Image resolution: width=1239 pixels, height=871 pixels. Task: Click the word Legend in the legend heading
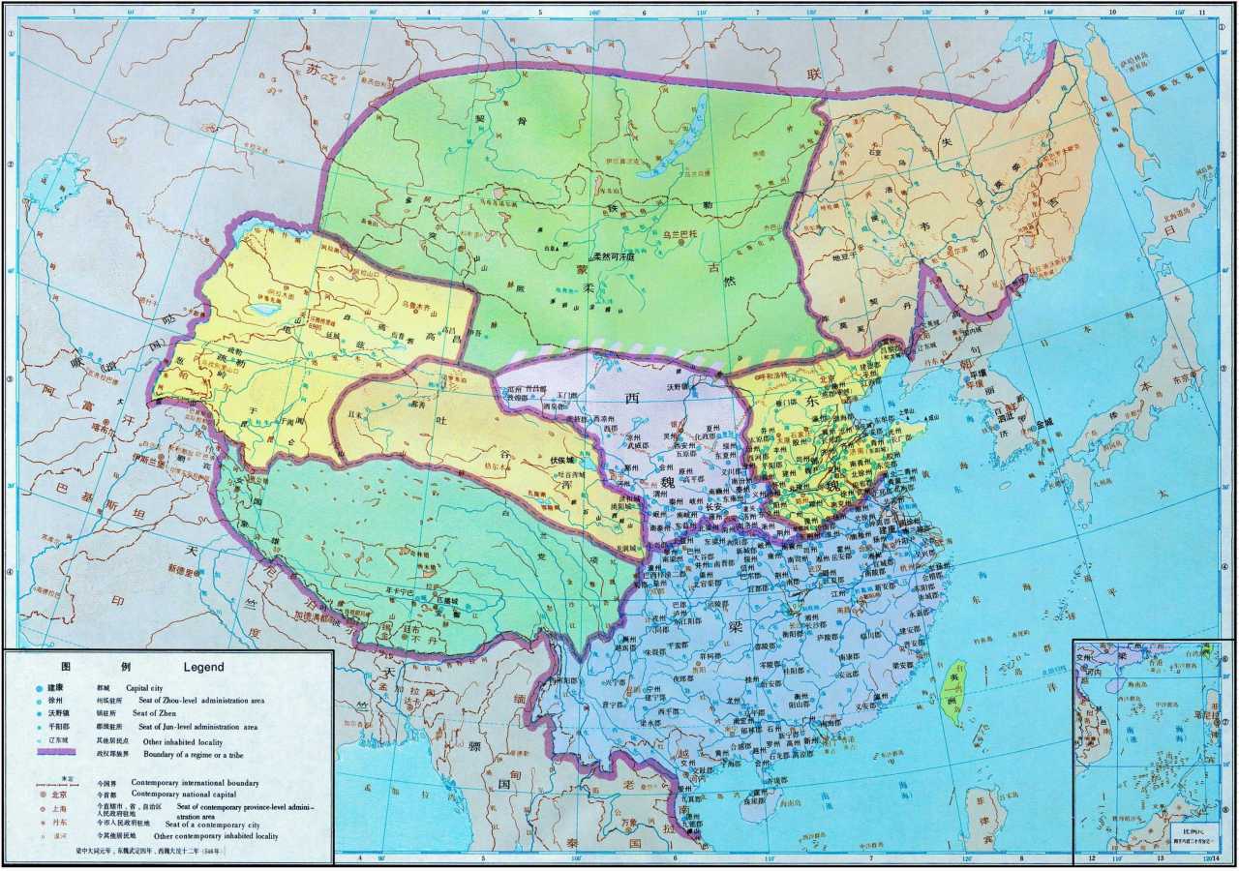pos(203,667)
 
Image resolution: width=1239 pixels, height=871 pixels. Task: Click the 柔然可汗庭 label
pos(614,256)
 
